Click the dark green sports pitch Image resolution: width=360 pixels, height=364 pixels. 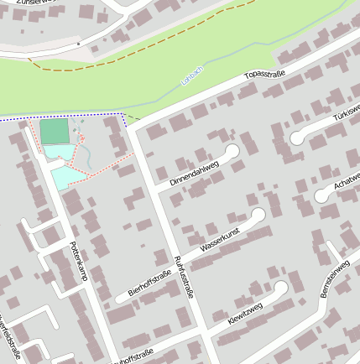[x=55, y=131]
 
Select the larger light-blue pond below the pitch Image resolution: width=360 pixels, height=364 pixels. [x=62, y=177]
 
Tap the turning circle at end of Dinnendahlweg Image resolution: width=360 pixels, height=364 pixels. [x=232, y=150]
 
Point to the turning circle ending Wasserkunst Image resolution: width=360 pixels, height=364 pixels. [x=258, y=216]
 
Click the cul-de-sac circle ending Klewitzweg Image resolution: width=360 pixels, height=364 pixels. [x=281, y=289]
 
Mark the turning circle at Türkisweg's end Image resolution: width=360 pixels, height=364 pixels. [x=297, y=138]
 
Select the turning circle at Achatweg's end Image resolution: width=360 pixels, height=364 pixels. [x=322, y=195]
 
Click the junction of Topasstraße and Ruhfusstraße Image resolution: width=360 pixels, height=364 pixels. [x=135, y=128]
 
